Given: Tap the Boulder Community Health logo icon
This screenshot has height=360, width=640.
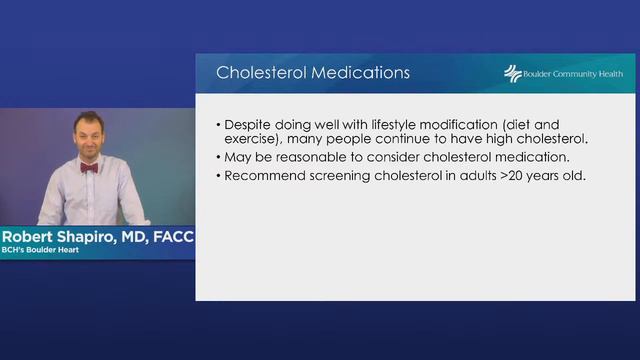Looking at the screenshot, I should point(513,74).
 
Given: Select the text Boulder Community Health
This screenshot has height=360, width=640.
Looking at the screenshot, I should point(573,74).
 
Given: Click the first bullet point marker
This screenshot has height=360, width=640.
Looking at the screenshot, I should point(219,125).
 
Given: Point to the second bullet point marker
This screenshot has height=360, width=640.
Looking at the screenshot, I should point(219,158).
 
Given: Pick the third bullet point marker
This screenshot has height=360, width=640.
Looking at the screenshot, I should point(219,176).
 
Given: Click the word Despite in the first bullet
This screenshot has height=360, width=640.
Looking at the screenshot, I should point(249,125).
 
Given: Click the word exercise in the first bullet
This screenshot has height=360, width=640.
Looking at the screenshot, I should point(254,140).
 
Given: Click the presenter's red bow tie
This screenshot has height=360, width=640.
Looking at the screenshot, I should point(88,168).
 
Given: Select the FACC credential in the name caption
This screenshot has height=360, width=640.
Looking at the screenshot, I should point(171,237).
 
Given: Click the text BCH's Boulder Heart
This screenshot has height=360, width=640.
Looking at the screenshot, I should point(41,252).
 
